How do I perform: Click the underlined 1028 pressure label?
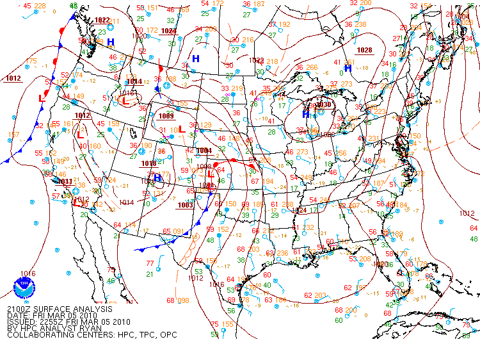pos(364,50)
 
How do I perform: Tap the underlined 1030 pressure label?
pos(324,104)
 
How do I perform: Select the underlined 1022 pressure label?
pos(102,20)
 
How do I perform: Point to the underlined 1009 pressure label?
pos(166,116)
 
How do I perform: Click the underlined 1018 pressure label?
pos(148,164)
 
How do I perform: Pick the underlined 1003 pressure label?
pos(186,205)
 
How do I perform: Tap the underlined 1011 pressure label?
pos(65,181)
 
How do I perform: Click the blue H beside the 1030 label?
pos(306,114)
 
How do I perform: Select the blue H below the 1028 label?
pos(348,68)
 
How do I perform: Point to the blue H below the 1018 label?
pos(157,178)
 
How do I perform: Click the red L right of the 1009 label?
pos(182,128)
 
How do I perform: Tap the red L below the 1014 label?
pos(126,101)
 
